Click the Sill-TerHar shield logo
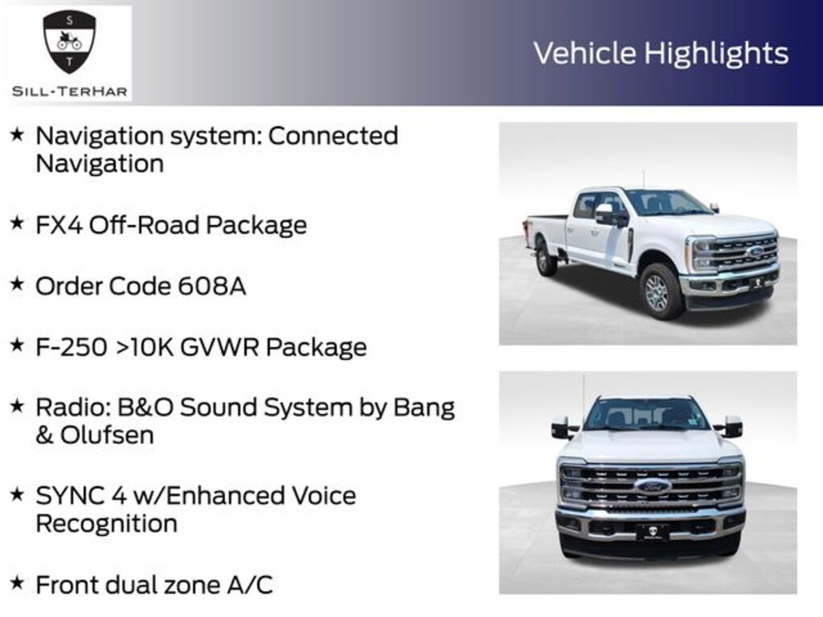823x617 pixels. pos(69,42)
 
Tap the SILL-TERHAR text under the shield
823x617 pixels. pos(69,91)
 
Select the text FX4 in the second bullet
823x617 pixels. pos(58,225)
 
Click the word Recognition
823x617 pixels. pos(106,524)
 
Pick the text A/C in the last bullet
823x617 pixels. pos(251,585)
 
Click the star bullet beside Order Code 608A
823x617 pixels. pos(16,284)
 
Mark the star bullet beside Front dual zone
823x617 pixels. pos(16,583)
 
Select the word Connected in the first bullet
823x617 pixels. pos(333,136)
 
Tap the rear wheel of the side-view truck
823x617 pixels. pos(547,259)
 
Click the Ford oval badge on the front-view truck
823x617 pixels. pos(652,486)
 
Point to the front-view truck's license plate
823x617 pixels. pos(652,532)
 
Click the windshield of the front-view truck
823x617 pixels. pos(646,415)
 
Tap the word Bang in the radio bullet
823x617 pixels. pos(424,407)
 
